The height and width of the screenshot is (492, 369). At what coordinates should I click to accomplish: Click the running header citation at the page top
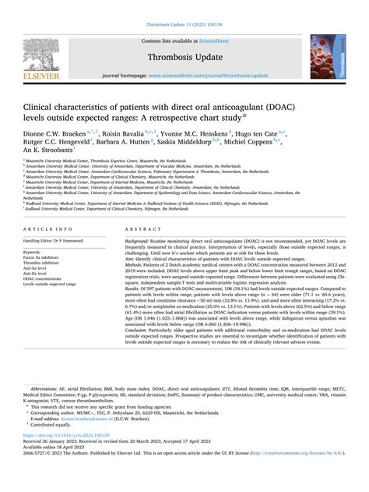click(184, 7)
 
